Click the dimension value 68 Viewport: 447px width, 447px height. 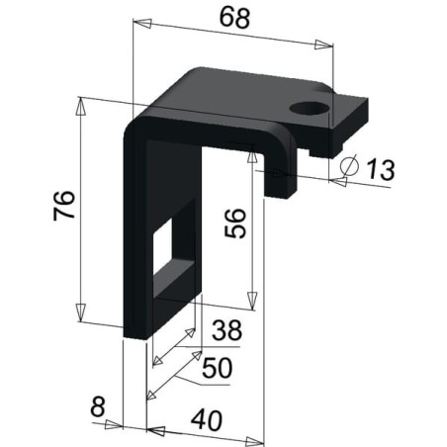point(234,18)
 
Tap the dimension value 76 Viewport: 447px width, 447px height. point(64,205)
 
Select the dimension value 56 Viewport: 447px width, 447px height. point(235,223)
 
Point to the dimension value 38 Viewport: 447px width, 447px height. point(226,329)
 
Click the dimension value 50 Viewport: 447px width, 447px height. point(218,368)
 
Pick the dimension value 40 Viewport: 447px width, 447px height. point(207,420)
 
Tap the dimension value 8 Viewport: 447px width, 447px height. point(98,406)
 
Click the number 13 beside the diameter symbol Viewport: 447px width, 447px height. point(380,169)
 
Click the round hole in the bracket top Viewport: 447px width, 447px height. point(310,109)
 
